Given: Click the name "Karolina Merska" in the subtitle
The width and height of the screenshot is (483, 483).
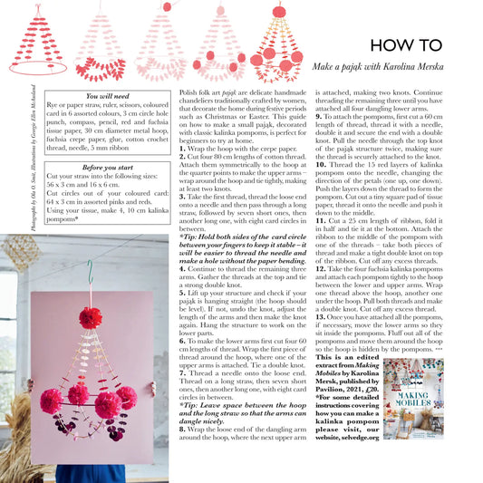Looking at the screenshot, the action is pos(427,68).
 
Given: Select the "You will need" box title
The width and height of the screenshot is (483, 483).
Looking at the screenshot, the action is pos(107,95).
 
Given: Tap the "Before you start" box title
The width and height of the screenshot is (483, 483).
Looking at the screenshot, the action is pos(107,168).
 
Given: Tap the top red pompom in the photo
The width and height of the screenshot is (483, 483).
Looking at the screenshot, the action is pos(90,317).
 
